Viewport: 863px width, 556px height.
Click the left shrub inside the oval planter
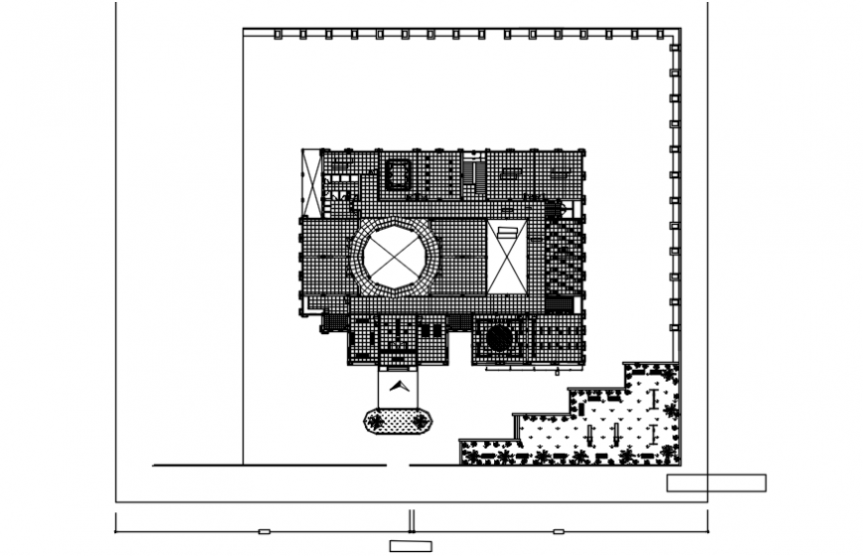pyautogui.click(x=375, y=422)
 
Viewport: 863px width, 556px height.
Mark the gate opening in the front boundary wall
pyautogui.click(x=399, y=464)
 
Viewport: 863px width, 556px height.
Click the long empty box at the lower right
pyautogui.click(x=716, y=483)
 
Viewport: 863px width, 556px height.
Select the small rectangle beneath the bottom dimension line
pyautogui.click(x=411, y=545)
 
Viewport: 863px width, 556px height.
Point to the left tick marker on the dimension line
pyautogui.click(x=264, y=532)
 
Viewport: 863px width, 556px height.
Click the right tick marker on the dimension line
pyautogui.click(x=558, y=532)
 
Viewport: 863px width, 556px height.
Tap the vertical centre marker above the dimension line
pyautogui.click(x=412, y=520)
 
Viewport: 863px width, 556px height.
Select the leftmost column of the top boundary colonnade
pyautogui.click(x=279, y=35)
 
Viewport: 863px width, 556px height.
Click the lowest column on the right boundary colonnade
pyautogui.click(x=675, y=327)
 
